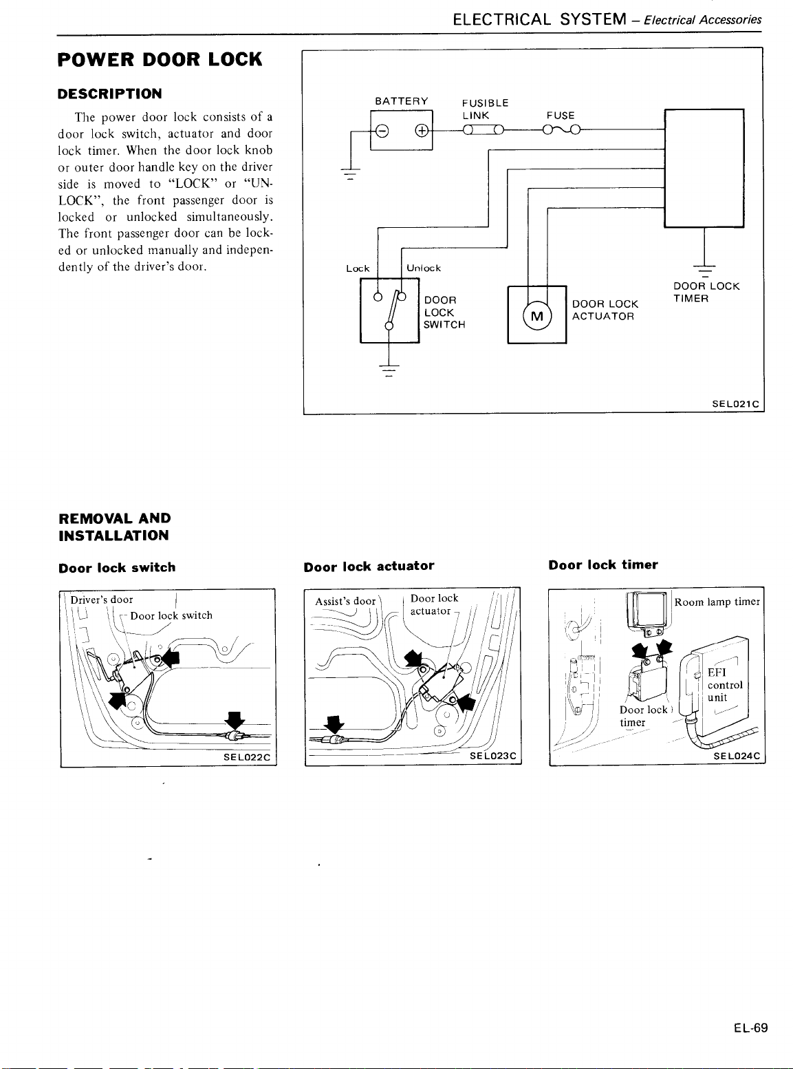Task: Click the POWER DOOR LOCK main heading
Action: pyautogui.click(x=160, y=60)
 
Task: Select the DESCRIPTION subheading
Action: pyautogui.click(x=110, y=94)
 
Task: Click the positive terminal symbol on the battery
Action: pyautogui.click(x=420, y=131)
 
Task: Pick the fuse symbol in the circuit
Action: pyautogui.click(x=561, y=129)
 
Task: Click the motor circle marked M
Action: pyautogui.click(x=537, y=316)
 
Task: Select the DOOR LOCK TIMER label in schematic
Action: pyautogui.click(x=706, y=293)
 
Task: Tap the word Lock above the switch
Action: pyautogui.click(x=358, y=268)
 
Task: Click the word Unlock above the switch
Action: pyautogui.click(x=424, y=268)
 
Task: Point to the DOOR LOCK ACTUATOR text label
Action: pyautogui.click(x=605, y=310)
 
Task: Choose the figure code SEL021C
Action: pyautogui.click(x=735, y=405)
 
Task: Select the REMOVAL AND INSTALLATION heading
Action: pyautogui.click(x=115, y=527)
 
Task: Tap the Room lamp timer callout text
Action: pyautogui.click(x=717, y=602)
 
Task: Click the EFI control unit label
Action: pyautogui.click(x=725, y=685)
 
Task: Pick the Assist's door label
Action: pyautogui.click(x=345, y=601)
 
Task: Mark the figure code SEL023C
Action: pyautogui.click(x=492, y=756)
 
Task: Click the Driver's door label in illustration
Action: pyautogui.click(x=102, y=600)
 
